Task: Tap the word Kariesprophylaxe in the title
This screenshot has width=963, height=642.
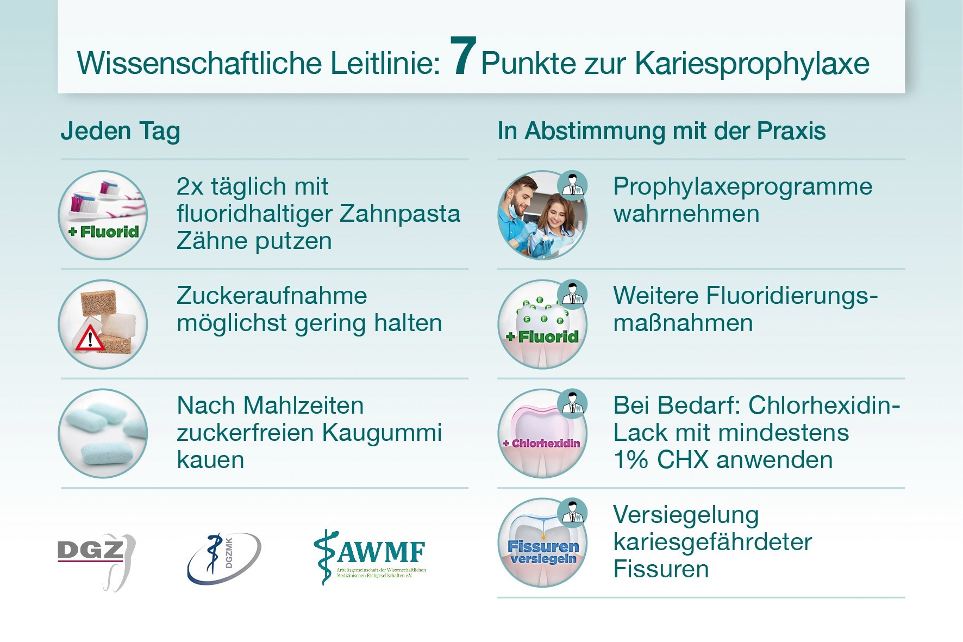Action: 752,64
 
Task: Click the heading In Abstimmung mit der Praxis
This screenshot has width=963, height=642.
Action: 661,132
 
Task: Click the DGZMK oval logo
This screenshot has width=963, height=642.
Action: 224,558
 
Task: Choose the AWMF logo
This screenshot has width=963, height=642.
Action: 370,557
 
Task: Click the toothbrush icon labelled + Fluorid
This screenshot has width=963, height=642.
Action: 103,215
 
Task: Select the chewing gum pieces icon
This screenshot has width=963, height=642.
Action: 103,434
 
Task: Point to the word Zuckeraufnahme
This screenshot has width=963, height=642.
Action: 272,296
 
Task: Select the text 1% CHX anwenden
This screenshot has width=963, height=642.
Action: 723,460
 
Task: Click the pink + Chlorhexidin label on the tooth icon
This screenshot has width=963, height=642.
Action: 541,444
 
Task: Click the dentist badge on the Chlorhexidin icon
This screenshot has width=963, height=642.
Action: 572,404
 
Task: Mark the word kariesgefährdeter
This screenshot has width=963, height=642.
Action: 712,542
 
